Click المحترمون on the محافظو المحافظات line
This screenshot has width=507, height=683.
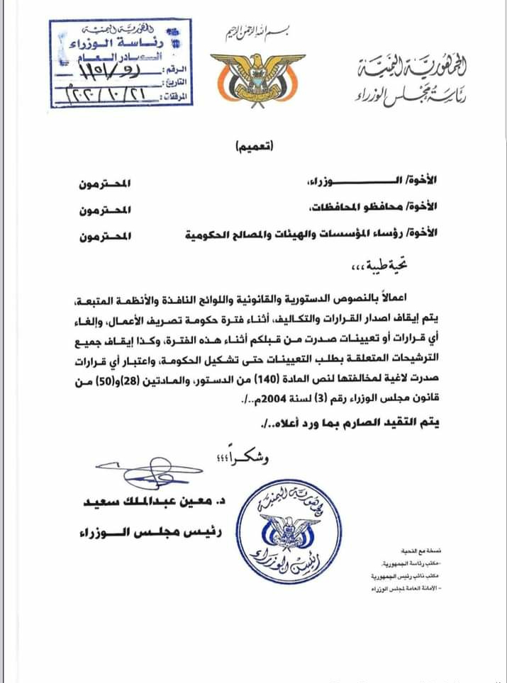[x=106, y=210]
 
